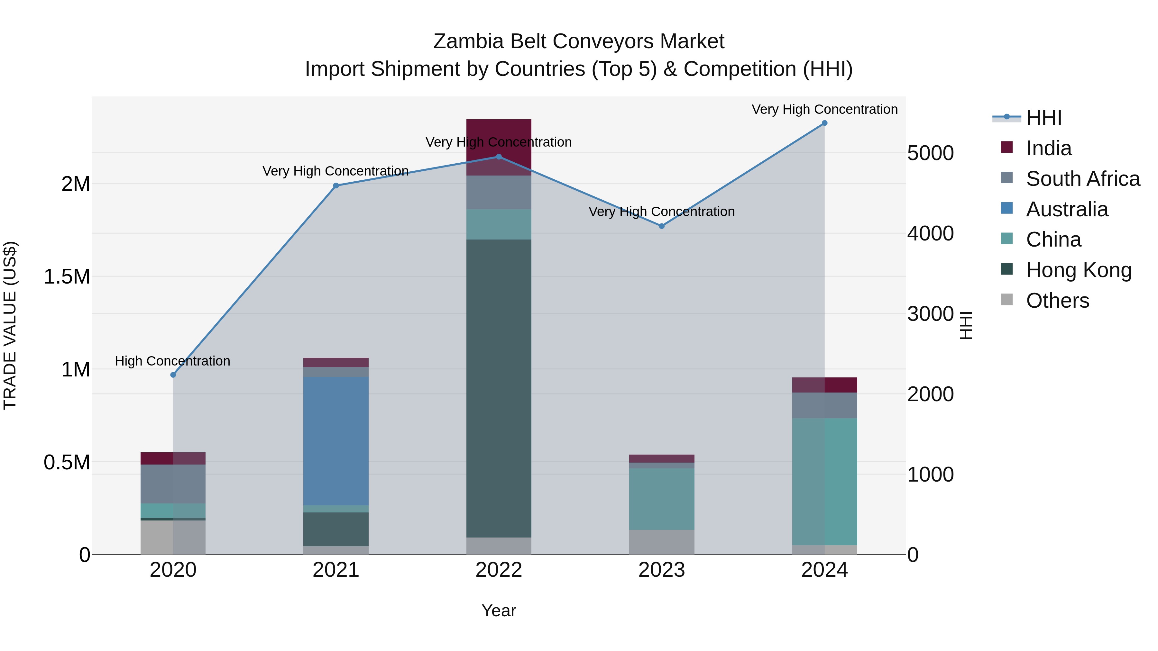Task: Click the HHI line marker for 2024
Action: (x=824, y=123)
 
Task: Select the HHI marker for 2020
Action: (x=173, y=375)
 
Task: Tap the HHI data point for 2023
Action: (x=662, y=226)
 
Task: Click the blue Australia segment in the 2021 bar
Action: (x=336, y=440)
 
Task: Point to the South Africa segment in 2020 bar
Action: (x=173, y=484)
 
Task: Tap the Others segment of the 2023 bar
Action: (x=662, y=542)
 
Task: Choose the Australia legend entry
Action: (x=1067, y=209)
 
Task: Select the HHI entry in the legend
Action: (x=1043, y=118)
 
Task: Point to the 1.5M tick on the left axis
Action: (x=67, y=277)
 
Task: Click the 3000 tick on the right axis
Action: (x=930, y=313)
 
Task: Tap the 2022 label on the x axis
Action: (x=499, y=570)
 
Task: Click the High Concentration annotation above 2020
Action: (x=173, y=361)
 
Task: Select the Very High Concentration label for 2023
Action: (x=662, y=212)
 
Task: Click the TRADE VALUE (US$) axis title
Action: (x=10, y=325)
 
